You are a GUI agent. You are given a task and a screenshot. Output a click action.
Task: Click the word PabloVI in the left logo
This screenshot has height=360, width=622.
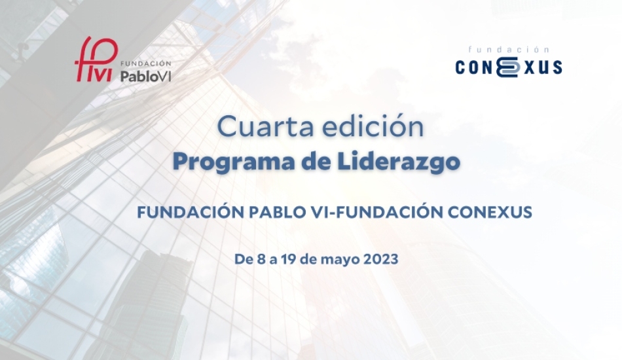click(x=145, y=76)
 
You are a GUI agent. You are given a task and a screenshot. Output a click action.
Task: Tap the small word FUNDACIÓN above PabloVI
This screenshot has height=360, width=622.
click(x=145, y=63)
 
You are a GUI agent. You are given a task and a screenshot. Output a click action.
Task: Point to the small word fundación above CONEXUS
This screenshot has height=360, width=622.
click(x=509, y=50)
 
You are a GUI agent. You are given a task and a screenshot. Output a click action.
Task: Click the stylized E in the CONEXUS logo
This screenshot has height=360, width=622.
click(x=508, y=67)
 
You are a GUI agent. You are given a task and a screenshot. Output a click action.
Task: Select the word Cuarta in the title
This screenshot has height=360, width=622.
click(x=266, y=127)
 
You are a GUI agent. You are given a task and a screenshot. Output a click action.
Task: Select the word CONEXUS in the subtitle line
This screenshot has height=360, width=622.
click(x=490, y=213)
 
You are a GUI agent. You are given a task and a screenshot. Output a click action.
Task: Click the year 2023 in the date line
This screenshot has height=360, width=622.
click(x=381, y=259)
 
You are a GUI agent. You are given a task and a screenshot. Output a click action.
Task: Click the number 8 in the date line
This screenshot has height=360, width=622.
click(x=261, y=259)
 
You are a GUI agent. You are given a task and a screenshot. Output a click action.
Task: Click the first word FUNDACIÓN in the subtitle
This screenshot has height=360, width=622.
click(x=191, y=211)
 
